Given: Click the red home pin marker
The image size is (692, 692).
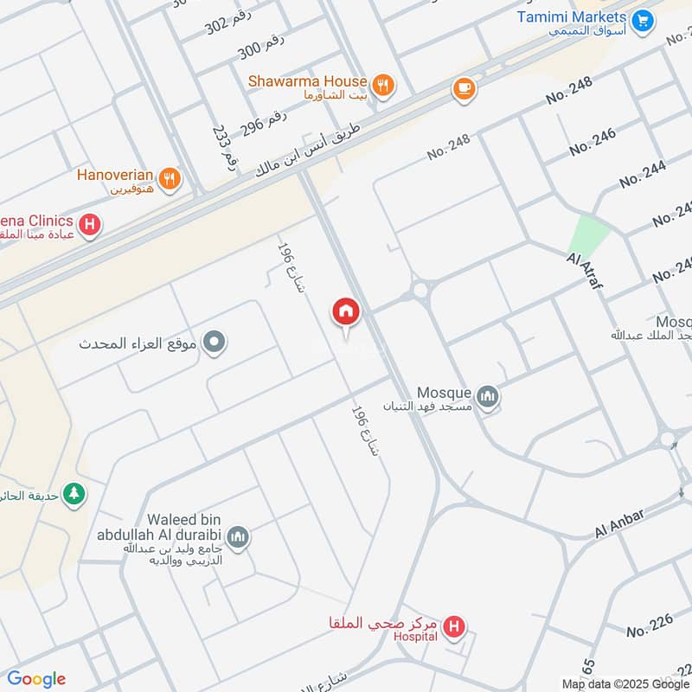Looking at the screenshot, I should [x=346, y=312].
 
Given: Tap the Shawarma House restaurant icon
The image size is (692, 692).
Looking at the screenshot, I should [x=384, y=85].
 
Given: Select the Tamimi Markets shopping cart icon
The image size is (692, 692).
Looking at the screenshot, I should [x=642, y=20].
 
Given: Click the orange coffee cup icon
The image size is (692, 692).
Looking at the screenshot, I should [x=464, y=88].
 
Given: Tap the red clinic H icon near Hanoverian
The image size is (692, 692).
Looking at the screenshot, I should [x=89, y=227].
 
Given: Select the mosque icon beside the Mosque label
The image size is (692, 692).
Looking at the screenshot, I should [x=490, y=397].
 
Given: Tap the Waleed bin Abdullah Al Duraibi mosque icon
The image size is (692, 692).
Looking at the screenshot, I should [x=240, y=537].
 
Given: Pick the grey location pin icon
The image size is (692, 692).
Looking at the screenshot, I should [x=216, y=343].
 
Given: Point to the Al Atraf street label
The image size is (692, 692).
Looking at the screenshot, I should [x=584, y=271].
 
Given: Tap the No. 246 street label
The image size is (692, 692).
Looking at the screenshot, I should [x=593, y=142].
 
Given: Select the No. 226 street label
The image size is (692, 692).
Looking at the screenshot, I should [x=650, y=625].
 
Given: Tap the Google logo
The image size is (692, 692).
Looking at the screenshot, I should [x=36, y=679].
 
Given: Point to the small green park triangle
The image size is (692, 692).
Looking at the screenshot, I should [x=588, y=234].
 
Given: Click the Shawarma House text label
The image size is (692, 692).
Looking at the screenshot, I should [x=308, y=80].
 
